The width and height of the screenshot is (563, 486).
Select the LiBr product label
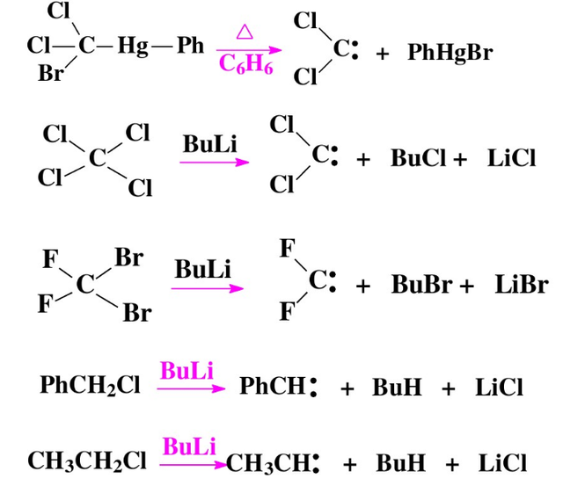tap(521, 285)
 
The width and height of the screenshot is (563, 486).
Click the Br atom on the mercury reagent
tap(50, 74)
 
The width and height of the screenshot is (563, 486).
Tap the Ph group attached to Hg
tap(190, 45)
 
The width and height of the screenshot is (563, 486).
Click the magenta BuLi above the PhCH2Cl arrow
tap(186, 370)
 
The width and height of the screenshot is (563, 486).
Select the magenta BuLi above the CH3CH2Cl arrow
tap(189, 446)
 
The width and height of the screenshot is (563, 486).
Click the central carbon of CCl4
tap(98, 158)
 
